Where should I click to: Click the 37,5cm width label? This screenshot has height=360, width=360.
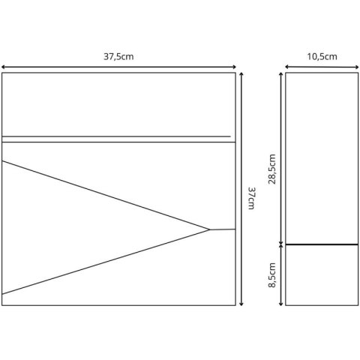point(118,57)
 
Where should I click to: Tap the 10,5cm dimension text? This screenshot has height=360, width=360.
point(322,57)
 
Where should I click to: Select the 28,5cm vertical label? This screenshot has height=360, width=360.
point(272,169)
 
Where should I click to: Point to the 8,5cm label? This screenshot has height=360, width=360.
point(272,275)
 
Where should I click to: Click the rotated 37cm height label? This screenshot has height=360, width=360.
point(251,198)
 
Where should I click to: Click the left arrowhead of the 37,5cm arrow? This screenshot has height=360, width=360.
point(2,67)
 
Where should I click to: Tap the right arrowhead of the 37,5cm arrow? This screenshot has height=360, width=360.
point(235,67)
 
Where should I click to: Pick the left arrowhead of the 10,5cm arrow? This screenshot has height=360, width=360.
point(286,67)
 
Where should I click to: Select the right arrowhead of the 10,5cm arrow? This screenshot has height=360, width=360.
point(358,67)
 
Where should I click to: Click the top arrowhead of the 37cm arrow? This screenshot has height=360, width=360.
point(241,73)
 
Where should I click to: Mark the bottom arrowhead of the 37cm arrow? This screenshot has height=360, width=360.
point(241,304)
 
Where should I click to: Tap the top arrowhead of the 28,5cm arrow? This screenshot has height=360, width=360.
point(281,73)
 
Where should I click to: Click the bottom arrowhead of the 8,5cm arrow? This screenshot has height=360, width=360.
point(281,304)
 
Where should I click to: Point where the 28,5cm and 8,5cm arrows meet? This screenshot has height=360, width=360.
point(281,244)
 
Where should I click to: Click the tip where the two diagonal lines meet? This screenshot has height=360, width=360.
point(209,229)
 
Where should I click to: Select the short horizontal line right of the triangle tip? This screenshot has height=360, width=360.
point(223,229)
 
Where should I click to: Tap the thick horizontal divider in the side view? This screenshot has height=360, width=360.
point(322,244)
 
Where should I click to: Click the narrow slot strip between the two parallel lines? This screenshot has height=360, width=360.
point(118,139)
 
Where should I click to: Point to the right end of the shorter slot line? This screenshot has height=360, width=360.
point(230,136)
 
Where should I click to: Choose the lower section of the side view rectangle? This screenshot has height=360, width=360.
point(322,275)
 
